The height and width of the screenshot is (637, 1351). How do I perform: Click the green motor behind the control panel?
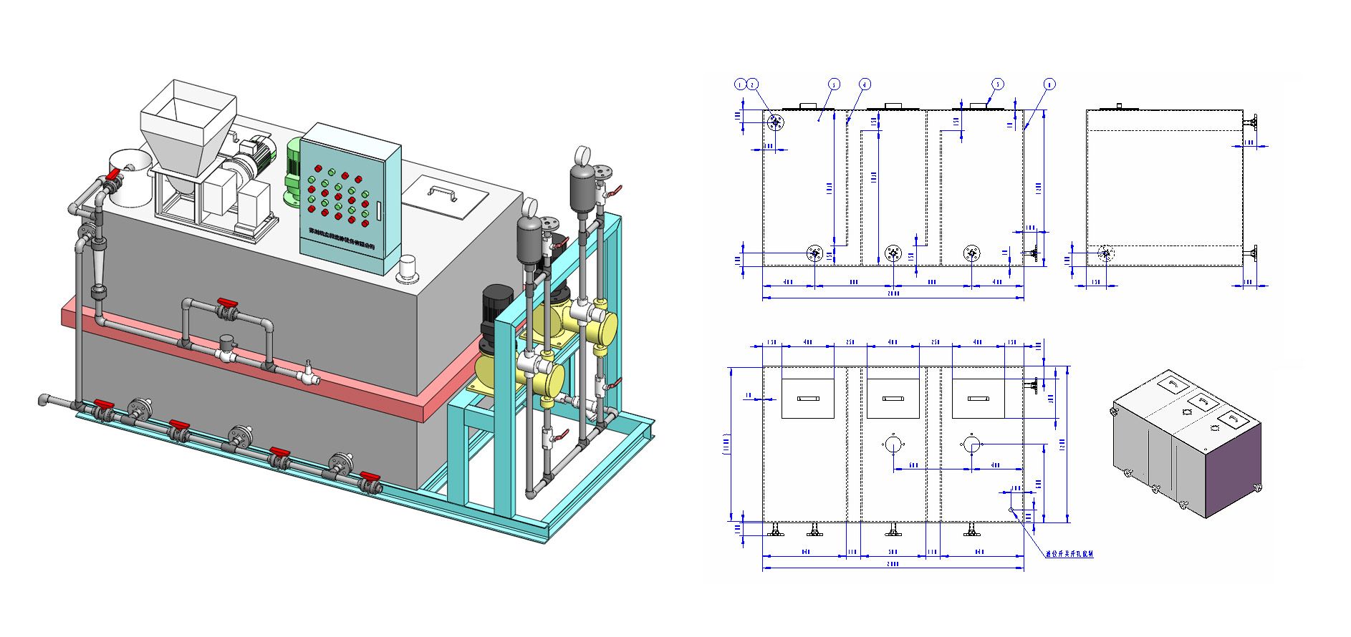click(x=294, y=172)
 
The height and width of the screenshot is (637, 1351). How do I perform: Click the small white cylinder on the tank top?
click(x=408, y=268)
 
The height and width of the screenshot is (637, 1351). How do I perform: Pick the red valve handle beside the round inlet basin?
click(x=113, y=174)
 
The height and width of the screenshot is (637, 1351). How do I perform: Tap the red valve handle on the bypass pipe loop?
click(x=227, y=305)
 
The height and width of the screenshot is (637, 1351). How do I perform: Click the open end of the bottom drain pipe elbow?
click(x=42, y=399)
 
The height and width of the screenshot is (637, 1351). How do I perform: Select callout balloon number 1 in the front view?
click(x=740, y=84)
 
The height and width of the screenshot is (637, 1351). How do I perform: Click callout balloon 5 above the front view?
click(x=998, y=84)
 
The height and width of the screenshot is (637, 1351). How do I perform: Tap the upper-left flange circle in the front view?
click(x=775, y=122)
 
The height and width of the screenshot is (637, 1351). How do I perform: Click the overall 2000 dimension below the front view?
click(x=893, y=293)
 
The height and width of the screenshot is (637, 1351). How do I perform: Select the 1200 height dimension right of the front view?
click(x=1039, y=188)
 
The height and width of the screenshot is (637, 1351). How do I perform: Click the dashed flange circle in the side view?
click(x=1105, y=253)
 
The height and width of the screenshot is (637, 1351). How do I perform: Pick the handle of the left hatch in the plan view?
click(x=807, y=398)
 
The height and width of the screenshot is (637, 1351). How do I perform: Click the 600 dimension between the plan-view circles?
click(x=913, y=466)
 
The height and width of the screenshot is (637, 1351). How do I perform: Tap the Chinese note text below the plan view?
click(x=1069, y=554)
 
